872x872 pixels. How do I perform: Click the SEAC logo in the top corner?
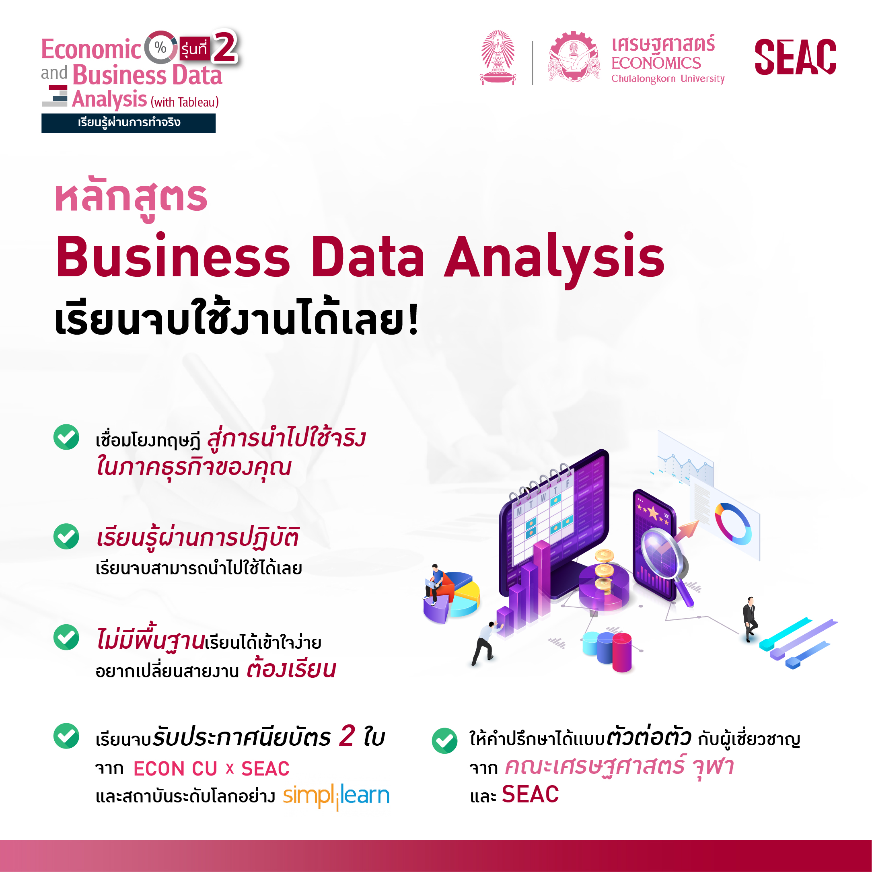click(x=795, y=57)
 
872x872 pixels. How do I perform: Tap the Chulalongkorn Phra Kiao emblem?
click(x=498, y=58)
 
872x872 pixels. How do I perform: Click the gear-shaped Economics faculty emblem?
click(x=574, y=56)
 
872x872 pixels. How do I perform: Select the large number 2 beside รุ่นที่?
click(x=225, y=47)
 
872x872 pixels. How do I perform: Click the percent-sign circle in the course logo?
click(x=160, y=47)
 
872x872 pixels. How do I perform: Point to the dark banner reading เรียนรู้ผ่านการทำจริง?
click(x=129, y=123)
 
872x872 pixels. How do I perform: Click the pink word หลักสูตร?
click(x=131, y=199)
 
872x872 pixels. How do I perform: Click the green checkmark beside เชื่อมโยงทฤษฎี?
click(x=66, y=437)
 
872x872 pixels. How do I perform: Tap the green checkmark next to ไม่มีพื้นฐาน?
click(x=66, y=637)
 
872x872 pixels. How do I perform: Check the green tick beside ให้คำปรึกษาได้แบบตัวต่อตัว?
click(x=444, y=740)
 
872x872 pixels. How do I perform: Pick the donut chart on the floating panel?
click(x=733, y=523)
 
